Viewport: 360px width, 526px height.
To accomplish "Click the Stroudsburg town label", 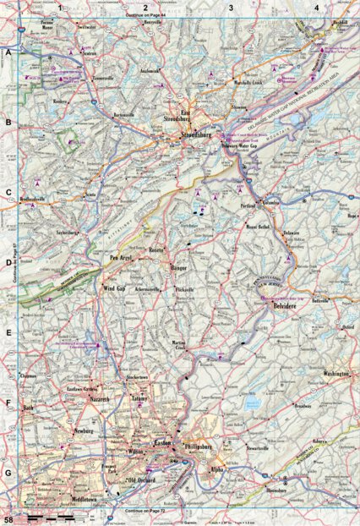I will [x=191, y=133].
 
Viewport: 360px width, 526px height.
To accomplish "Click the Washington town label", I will [x=336, y=371].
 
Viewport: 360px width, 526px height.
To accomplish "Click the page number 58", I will [x=8, y=517].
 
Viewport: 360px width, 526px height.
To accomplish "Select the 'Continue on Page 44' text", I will [x=144, y=17].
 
